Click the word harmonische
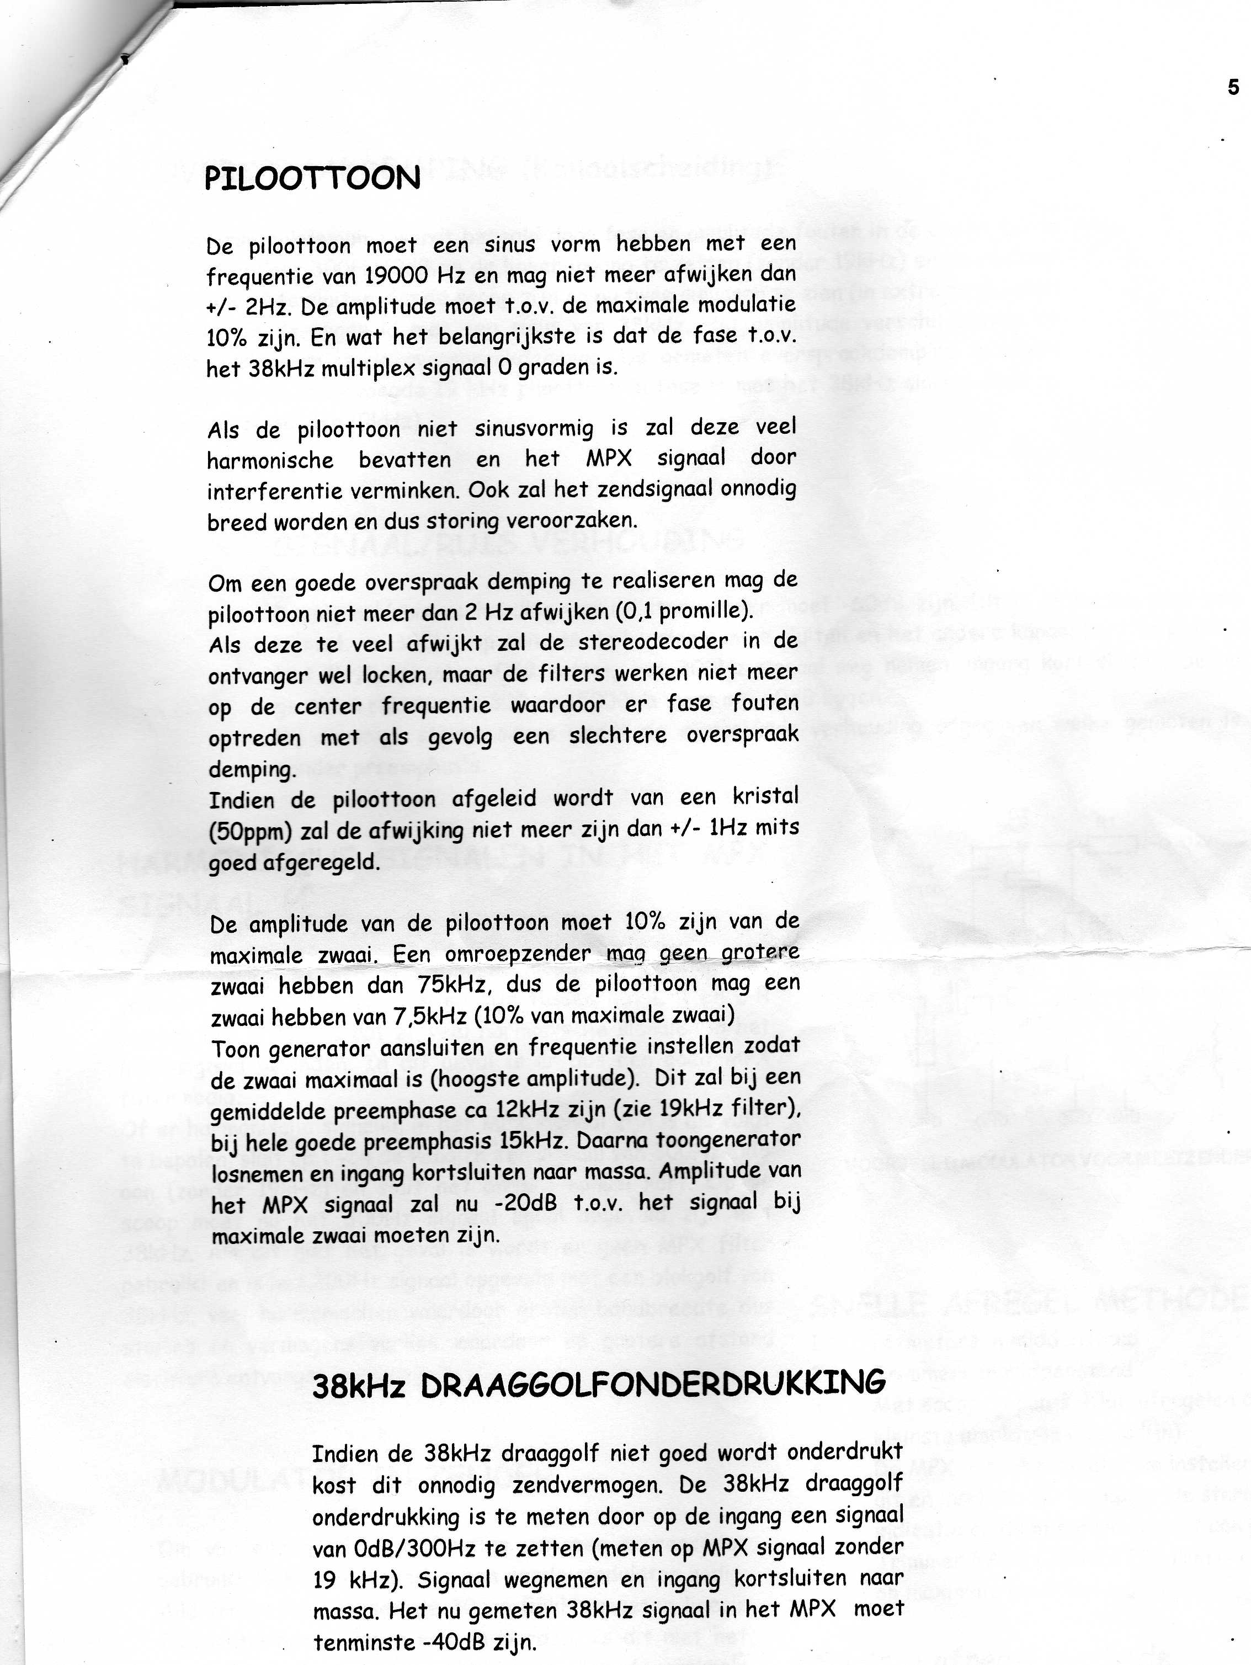click(x=270, y=461)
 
